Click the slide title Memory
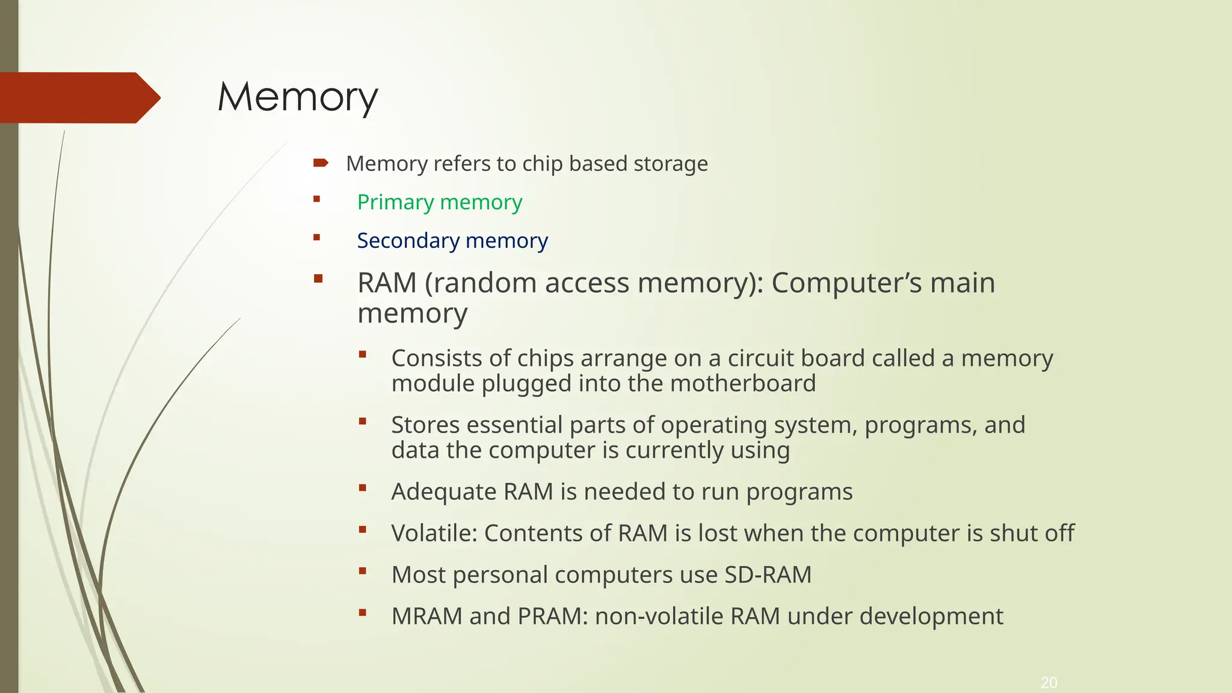coord(298,97)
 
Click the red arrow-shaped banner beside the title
coord(78,97)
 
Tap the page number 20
coord(1049,683)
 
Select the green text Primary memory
coord(439,202)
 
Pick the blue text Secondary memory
coord(452,241)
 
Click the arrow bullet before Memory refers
coord(321,162)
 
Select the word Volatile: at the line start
coord(434,533)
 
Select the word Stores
coord(425,425)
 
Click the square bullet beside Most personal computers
coord(362,571)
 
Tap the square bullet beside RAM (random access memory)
coord(318,279)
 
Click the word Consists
coord(437,358)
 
